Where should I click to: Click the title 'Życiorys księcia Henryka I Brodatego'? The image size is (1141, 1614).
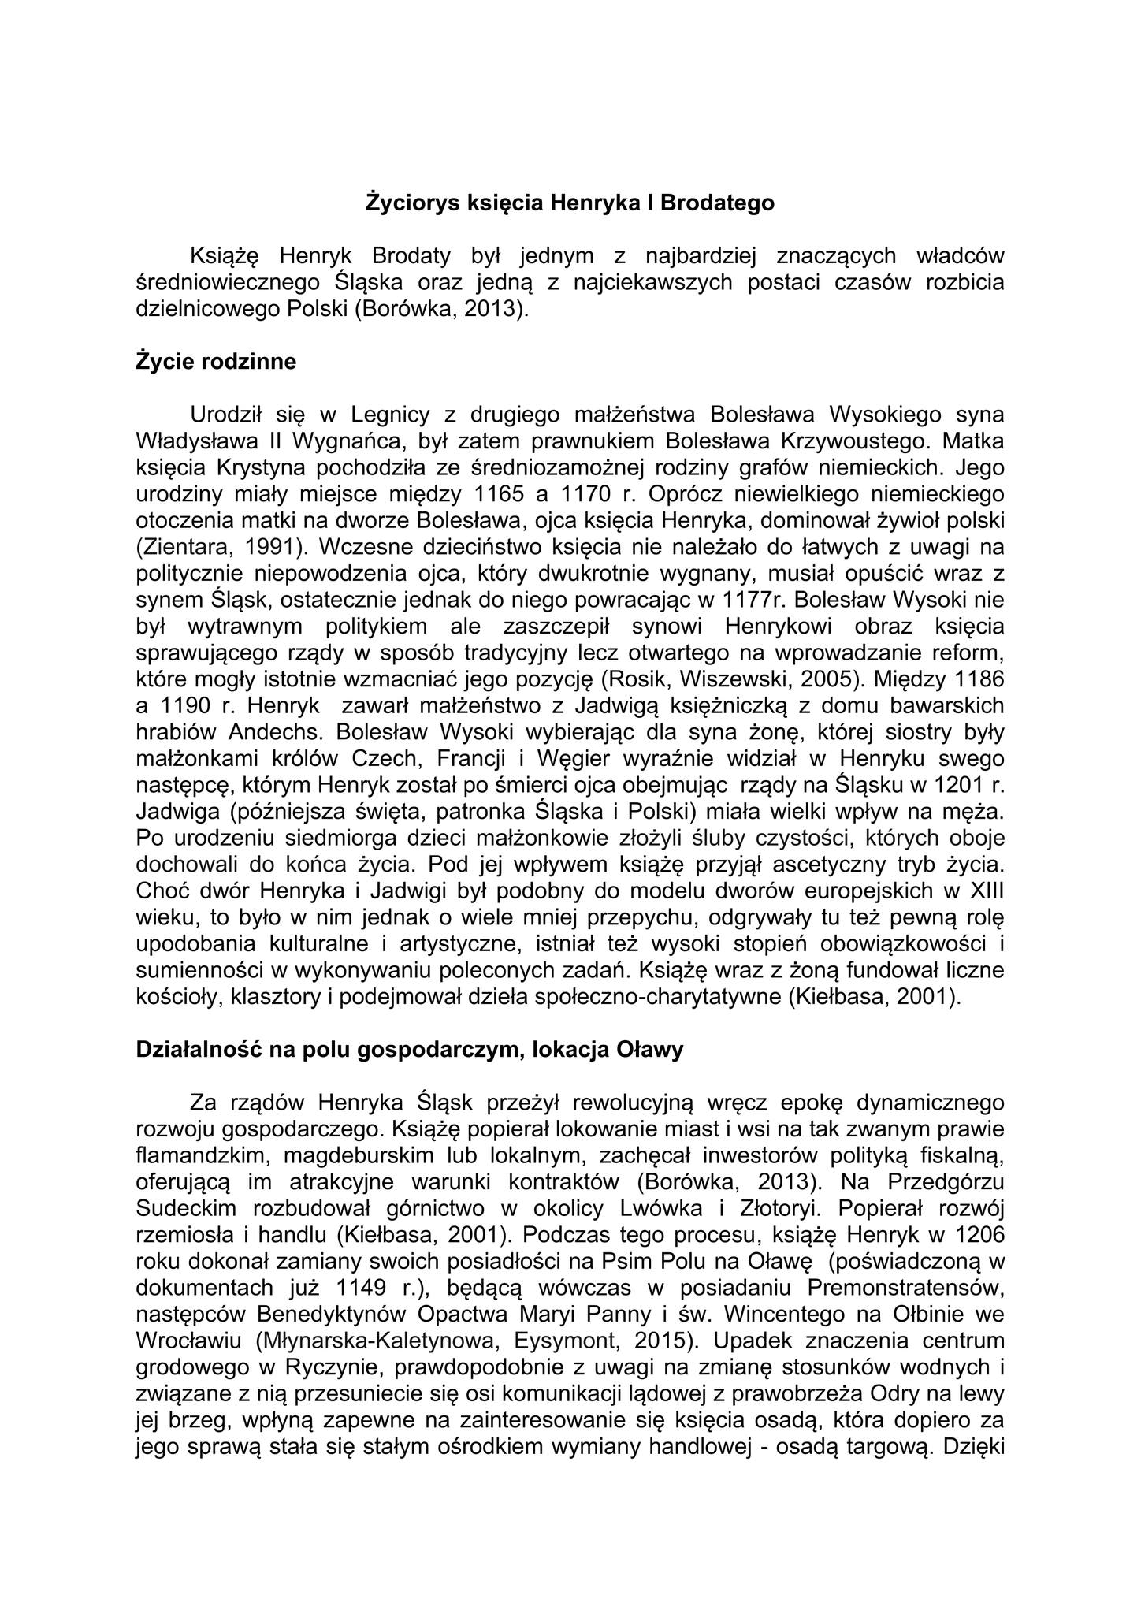[570, 203]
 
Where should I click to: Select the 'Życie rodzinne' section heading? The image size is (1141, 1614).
[216, 362]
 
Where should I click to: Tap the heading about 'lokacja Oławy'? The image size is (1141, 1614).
[410, 1050]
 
